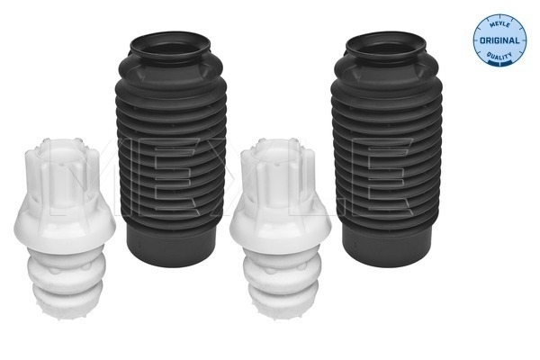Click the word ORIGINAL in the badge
tap(499, 40)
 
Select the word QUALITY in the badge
tap(499, 56)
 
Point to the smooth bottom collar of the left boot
tap(172, 246)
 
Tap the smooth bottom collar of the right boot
tap(387, 246)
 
